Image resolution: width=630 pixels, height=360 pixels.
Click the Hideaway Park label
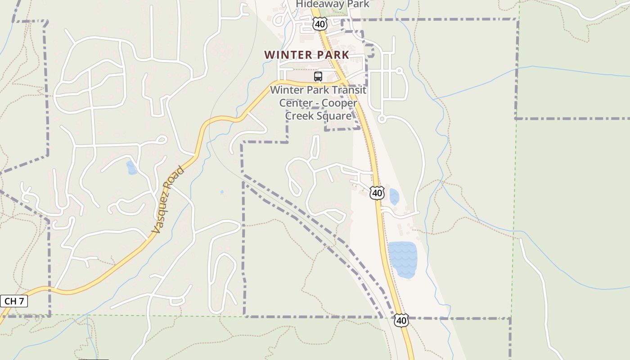point(333,4)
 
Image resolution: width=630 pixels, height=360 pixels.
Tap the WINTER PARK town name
point(306,55)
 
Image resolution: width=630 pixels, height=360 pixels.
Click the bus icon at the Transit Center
point(318,76)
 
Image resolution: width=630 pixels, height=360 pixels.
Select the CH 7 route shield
point(14,301)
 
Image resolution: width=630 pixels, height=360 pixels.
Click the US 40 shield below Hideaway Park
point(319,24)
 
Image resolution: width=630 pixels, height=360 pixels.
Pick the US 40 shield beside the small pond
point(377,193)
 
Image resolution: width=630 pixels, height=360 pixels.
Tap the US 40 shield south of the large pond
point(401,320)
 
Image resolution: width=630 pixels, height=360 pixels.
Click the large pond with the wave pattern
point(402,259)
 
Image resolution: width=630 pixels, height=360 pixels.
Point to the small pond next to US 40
point(394,197)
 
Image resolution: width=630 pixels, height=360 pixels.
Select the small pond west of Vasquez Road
point(131,168)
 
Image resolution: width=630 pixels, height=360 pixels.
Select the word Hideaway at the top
point(317,4)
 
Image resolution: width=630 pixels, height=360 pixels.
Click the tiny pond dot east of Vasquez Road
point(221,192)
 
